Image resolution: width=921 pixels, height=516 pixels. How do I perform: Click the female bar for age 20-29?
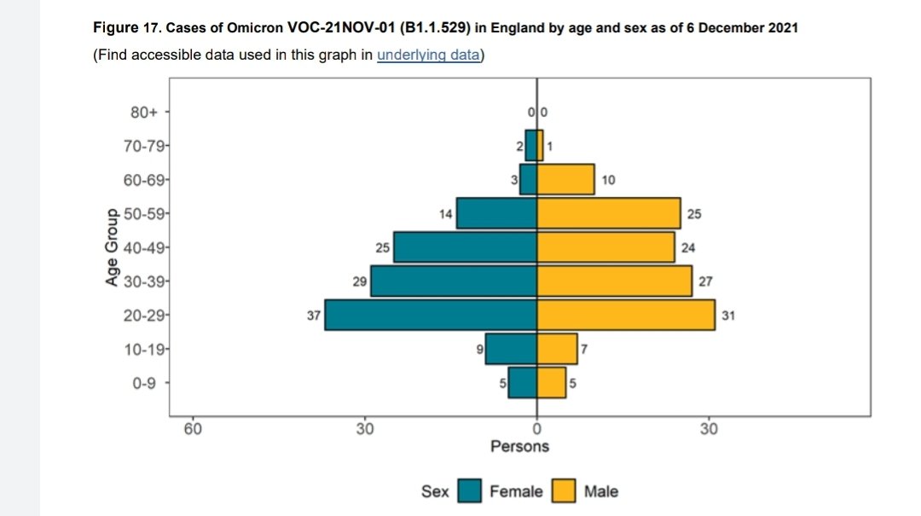click(x=431, y=315)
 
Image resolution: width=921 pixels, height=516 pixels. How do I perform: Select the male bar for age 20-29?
click(x=626, y=315)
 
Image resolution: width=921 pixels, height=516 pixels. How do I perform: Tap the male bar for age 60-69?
click(x=565, y=179)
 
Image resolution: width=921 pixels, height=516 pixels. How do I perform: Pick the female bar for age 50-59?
click(x=497, y=213)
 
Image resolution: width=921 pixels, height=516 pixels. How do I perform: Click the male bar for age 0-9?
click(x=552, y=383)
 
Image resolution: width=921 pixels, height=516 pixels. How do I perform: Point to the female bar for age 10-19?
click(x=511, y=349)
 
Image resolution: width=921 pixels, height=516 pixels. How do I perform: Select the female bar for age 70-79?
click(x=531, y=145)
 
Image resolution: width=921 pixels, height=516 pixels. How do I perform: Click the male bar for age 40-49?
click(x=605, y=246)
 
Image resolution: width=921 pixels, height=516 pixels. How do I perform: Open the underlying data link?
click(x=428, y=55)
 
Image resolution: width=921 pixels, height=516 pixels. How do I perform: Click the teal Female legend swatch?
click(x=469, y=490)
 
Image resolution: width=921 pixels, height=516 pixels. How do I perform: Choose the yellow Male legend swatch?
click(x=564, y=490)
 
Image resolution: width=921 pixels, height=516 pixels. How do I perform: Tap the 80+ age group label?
click(x=144, y=112)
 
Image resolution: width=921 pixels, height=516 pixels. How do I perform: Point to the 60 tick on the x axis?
click(x=193, y=429)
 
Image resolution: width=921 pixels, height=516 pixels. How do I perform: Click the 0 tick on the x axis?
click(x=537, y=429)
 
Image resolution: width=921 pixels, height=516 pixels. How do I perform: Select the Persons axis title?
click(x=520, y=447)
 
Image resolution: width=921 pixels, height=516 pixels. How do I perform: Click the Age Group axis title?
click(x=112, y=247)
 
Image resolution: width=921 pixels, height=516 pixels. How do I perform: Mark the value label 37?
click(x=314, y=316)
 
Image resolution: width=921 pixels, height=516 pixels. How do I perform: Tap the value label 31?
click(x=728, y=316)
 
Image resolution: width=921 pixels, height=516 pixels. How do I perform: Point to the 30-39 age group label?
click(x=144, y=281)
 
